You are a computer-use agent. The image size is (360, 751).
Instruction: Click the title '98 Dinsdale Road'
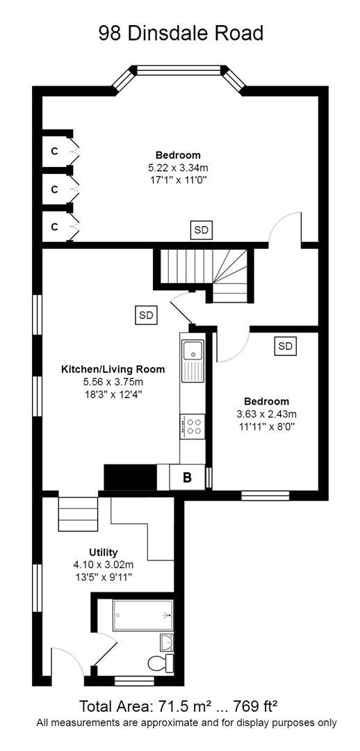pos(181,33)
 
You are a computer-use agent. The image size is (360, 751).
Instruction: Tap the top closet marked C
pos(54,150)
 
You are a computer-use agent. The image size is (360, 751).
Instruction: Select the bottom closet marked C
pos(54,226)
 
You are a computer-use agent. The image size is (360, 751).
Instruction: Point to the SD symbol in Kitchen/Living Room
pos(146,315)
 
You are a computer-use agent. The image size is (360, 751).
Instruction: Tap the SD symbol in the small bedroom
pos(285,346)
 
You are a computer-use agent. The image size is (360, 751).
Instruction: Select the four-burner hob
pos(191,425)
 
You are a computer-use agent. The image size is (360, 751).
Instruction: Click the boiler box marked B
pos(187,478)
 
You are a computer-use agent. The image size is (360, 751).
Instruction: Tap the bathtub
pos(143,615)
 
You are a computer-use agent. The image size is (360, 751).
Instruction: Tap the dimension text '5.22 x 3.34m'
pos(178,168)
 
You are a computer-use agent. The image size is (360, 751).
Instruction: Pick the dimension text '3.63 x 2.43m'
pos(265,414)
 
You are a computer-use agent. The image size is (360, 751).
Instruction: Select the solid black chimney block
pos(129,478)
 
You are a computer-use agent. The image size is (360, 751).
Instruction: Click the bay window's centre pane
pos(179,69)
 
